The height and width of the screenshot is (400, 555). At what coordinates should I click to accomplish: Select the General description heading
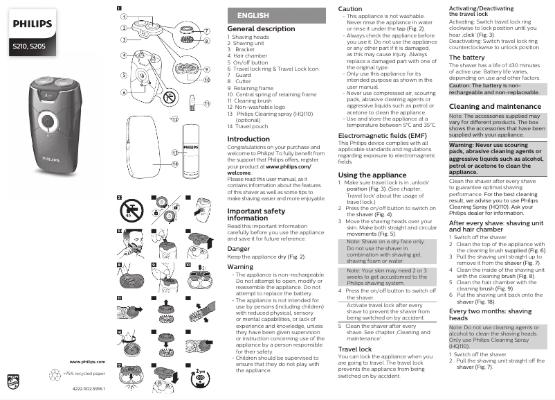(x=261, y=29)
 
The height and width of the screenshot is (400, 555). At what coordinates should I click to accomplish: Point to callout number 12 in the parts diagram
(x=174, y=119)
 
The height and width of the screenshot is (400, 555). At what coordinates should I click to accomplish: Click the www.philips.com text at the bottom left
(x=87, y=362)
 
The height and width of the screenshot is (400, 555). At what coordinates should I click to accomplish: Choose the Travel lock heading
(x=355, y=349)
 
